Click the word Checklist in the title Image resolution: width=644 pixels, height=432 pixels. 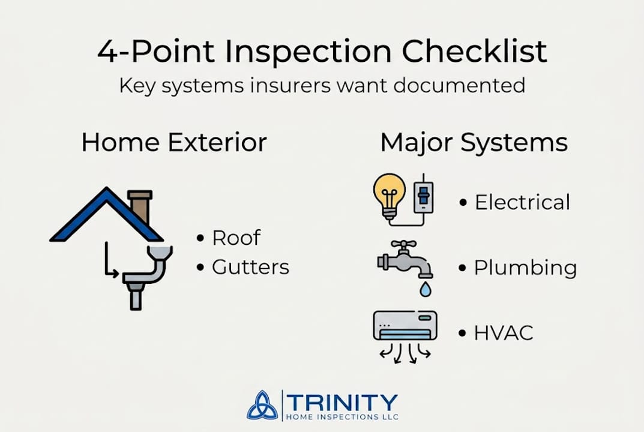pos(474,52)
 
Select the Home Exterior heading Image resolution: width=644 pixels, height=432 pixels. pos(174,143)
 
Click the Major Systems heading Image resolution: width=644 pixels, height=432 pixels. pos(474,143)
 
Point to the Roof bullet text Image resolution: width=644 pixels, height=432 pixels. pos(236,238)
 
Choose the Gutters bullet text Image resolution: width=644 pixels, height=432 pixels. pos(250,267)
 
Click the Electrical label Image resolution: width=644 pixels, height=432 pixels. pos(522,203)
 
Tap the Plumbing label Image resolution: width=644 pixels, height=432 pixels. pos(525,268)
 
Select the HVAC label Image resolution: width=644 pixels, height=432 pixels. pos(504,333)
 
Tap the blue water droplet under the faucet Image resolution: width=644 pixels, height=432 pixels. pos(425,290)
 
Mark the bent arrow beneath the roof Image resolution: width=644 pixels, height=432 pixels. pos(110,261)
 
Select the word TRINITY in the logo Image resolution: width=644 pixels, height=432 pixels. pos(342,402)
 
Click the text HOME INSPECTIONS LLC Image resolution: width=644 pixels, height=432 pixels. pos(342,416)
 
